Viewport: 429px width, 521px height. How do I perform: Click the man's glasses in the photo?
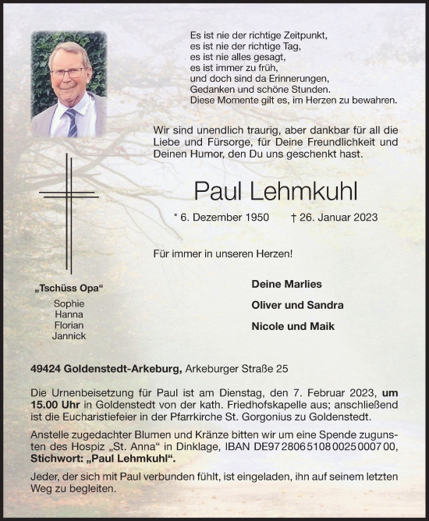pyautogui.click(x=68, y=73)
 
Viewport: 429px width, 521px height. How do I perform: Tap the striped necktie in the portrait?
pyautogui.click(x=71, y=121)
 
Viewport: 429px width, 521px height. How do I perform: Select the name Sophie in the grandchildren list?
pyautogui.click(x=69, y=303)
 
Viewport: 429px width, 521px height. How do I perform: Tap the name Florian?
pyautogui.click(x=69, y=324)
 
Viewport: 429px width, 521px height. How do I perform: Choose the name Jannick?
pyautogui.click(x=69, y=335)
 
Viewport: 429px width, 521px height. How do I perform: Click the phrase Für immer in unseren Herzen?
pyautogui.click(x=213, y=254)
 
